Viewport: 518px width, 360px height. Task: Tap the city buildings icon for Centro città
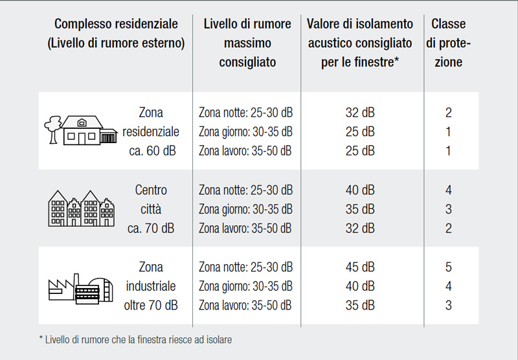tap(82, 208)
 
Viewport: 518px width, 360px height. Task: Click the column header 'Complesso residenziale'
tap(116, 24)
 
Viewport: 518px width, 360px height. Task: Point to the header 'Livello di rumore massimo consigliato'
tap(247, 43)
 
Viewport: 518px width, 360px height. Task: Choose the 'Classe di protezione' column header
tap(448, 43)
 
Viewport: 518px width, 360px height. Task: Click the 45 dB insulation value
tap(360, 267)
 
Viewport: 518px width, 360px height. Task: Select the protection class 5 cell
tap(448, 267)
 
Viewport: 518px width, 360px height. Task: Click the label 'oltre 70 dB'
tap(151, 305)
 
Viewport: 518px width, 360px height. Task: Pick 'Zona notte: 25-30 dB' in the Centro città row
tap(245, 190)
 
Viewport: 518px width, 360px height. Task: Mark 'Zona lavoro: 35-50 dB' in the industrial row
tap(245, 305)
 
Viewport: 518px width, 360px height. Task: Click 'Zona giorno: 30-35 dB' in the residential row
tap(245, 132)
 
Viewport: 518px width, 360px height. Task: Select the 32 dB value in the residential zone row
tap(360, 113)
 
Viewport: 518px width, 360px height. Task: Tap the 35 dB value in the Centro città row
tap(360, 209)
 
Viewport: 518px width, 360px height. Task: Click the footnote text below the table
tap(135, 339)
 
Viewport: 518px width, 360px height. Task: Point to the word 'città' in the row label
tap(151, 209)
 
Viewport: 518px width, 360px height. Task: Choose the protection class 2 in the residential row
tap(448, 113)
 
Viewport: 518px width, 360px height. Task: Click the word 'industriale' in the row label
tap(151, 286)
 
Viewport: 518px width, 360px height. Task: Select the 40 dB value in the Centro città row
tap(360, 190)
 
